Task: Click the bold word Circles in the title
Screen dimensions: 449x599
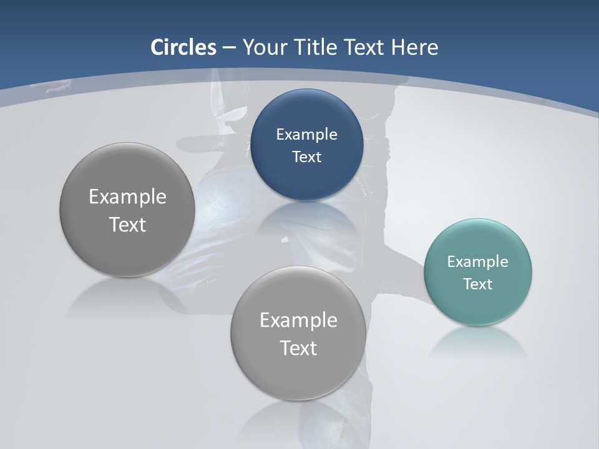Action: pos(183,47)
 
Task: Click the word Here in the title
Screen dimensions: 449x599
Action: pos(415,47)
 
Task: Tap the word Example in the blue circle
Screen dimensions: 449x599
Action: pos(306,134)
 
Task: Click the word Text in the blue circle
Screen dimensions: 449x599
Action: pos(306,157)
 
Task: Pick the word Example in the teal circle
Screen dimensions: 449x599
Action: pos(477,261)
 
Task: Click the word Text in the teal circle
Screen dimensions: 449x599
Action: pos(477,284)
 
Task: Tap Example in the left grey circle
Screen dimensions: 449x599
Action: pos(127,196)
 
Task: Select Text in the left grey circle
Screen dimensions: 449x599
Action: pos(127,224)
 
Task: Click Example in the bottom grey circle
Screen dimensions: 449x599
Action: pos(298,320)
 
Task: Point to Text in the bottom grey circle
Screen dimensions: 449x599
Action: pos(298,348)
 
